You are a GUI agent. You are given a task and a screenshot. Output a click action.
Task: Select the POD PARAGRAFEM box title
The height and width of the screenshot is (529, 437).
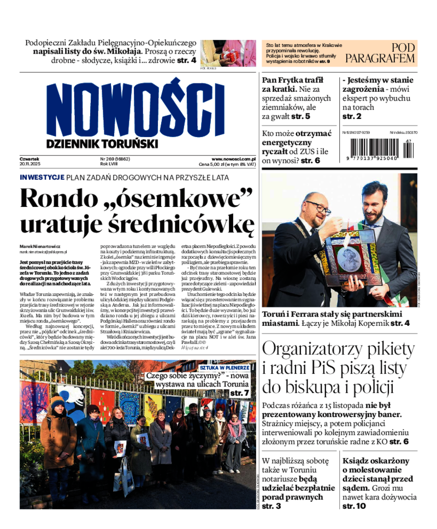381,53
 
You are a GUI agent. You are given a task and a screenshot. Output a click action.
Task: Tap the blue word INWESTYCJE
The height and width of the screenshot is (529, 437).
42,177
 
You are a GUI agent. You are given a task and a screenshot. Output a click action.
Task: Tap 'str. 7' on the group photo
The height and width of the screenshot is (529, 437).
239,393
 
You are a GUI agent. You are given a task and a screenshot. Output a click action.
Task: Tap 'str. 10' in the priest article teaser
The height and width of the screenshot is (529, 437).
354,506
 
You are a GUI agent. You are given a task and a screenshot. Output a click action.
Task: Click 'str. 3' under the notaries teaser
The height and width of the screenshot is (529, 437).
271,506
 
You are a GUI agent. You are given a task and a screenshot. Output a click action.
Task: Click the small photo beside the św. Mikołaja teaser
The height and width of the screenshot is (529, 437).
228,53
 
